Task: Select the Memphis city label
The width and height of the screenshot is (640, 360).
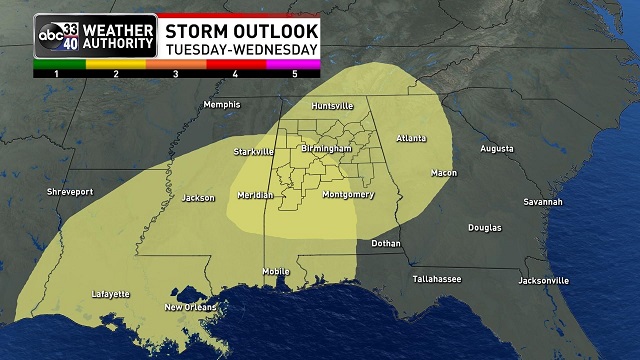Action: tap(221, 105)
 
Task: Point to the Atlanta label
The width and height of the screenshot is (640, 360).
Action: tap(411, 138)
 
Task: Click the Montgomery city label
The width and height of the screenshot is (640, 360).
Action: tap(349, 194)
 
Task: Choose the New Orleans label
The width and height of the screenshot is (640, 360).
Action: tap(189, 307)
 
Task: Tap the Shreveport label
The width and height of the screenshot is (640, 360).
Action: tap(70, 191)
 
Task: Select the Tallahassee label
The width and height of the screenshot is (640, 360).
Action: tap(436, 279)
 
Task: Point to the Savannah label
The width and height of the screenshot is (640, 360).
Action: tap(543, 202)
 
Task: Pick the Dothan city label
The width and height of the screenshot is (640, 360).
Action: tap(385, 243)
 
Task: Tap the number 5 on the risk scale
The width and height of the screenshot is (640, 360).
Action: tap(295, 74)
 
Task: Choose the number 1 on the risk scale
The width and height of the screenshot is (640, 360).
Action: tap(57, 74)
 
